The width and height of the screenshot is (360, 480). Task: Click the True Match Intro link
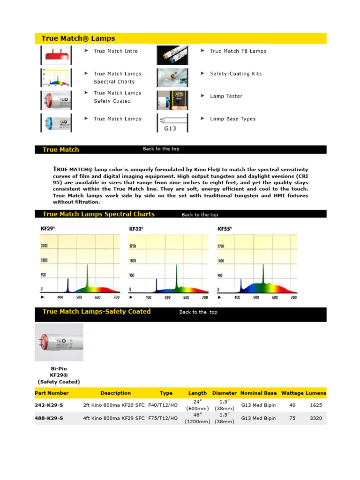(x=115, y=51)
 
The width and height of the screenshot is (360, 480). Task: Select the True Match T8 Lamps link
(x=238, y=51)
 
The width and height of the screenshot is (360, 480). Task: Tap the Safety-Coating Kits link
(x=236, y=74)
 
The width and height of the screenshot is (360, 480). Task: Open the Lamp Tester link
(x=226, y=96)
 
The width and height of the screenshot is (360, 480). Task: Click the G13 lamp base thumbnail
(x=172, y=123)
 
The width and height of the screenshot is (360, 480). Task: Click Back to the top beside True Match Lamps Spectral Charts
(x=200, y=215)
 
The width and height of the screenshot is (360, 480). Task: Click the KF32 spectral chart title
(x=136, y=229)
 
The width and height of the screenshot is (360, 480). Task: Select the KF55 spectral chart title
(x=225, y=229)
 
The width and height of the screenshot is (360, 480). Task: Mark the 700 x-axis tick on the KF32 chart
(x=205, y=298)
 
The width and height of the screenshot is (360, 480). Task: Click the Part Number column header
(x=52, y=393)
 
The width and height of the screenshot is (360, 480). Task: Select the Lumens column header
(x=316, y=393)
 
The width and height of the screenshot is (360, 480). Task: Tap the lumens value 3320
(x=316, y=418)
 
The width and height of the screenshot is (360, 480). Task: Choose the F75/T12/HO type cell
(x=163, y=418)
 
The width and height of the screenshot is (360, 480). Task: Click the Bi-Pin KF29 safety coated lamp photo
(x=59, y=342)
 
